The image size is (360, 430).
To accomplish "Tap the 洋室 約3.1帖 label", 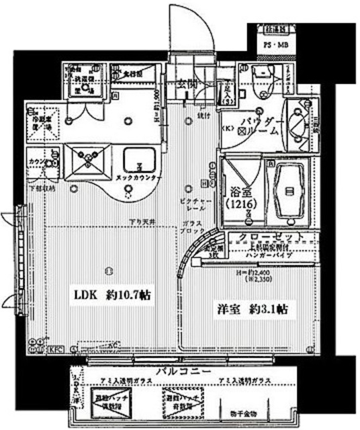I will click(x=252, y=310).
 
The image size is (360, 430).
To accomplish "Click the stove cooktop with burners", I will click(x=86, y=159).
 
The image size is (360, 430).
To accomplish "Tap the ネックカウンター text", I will click(x=138, y=177).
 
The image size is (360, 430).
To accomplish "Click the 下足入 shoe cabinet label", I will click(x=228, y=90).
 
